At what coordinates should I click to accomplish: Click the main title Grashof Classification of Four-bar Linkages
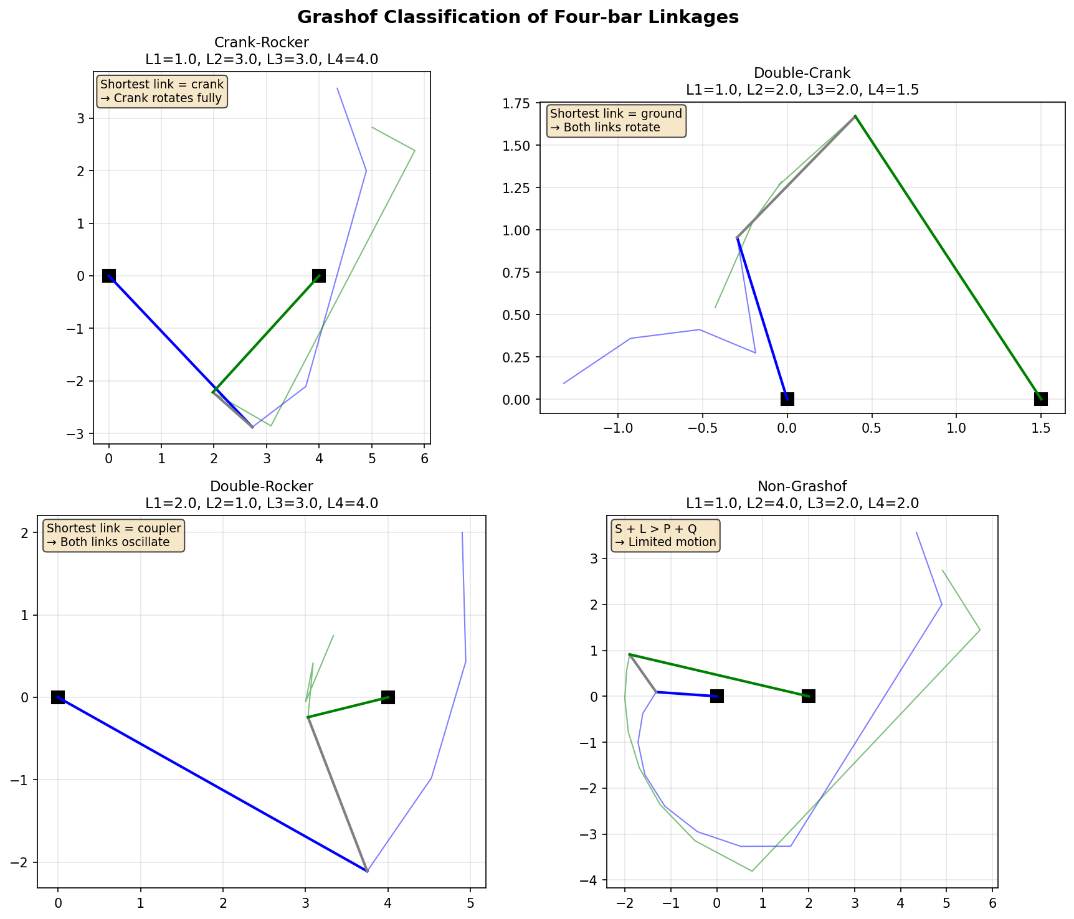pyautogui.click(x=518, y=17)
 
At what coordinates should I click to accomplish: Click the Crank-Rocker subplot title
pyautogui.click(x=261, y=42)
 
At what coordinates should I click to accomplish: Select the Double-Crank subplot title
pyautogui.click(x=802, y=73)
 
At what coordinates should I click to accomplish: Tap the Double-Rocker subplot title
pyautogui.click(x=261, y=486)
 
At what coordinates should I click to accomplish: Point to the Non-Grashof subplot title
pyautogui.click(x=802, y=486)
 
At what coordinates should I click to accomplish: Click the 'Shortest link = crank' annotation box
pyautogui.click(x=161, y=92)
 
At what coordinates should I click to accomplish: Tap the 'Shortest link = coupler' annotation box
pyautogui.click(x=113, y=535)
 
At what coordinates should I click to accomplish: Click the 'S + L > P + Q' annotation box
pyautogui.click(x=665, y=535)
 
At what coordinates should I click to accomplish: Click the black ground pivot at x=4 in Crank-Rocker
pyautogui.click(x=319, y=276)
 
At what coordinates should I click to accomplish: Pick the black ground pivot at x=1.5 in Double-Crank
pyautogui.click(x=1040, y=399)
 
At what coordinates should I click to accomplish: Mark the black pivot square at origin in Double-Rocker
pyautogui.click(x=58, y=697)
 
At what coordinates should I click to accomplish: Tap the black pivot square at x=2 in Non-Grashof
pyautogui.click(x=809, y=696)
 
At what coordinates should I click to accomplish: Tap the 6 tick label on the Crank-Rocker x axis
pyautogui.click(x=424, y=459)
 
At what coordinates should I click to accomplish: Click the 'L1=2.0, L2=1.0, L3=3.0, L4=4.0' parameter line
pyautogui.click(x=261, y=502)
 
